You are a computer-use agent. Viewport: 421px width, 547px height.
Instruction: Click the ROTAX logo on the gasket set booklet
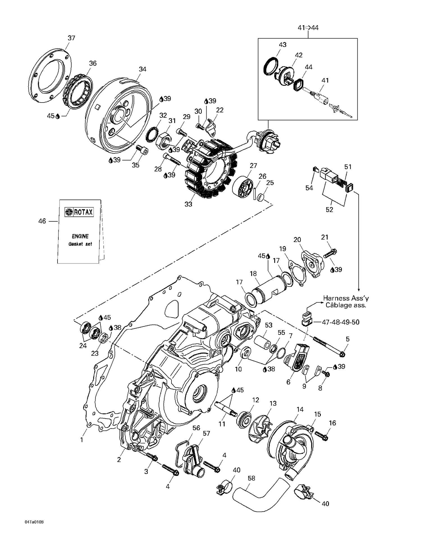click(x=79, y=212)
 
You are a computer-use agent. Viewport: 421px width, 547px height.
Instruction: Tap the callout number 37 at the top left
click(x=71, y=38)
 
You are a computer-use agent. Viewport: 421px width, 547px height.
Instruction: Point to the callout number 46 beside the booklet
click(x=42, y=221)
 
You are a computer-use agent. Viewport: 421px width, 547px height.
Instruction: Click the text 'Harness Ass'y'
click(x=346, y=298)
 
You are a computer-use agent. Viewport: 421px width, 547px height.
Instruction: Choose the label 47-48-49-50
click(x=340, y=322)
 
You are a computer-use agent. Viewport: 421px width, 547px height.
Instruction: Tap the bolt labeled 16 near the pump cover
click(x=321, y=436)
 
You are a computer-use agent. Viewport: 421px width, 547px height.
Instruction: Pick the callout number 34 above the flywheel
click(x=143, y=69)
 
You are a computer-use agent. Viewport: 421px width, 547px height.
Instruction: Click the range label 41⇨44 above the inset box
click(x=308, y=28)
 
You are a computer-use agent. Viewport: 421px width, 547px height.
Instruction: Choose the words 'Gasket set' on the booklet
click(x=80, y=244)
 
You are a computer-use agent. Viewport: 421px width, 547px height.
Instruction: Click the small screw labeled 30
click(x=200, y=127)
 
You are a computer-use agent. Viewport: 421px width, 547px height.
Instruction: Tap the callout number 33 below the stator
click(x=188, y=204)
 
